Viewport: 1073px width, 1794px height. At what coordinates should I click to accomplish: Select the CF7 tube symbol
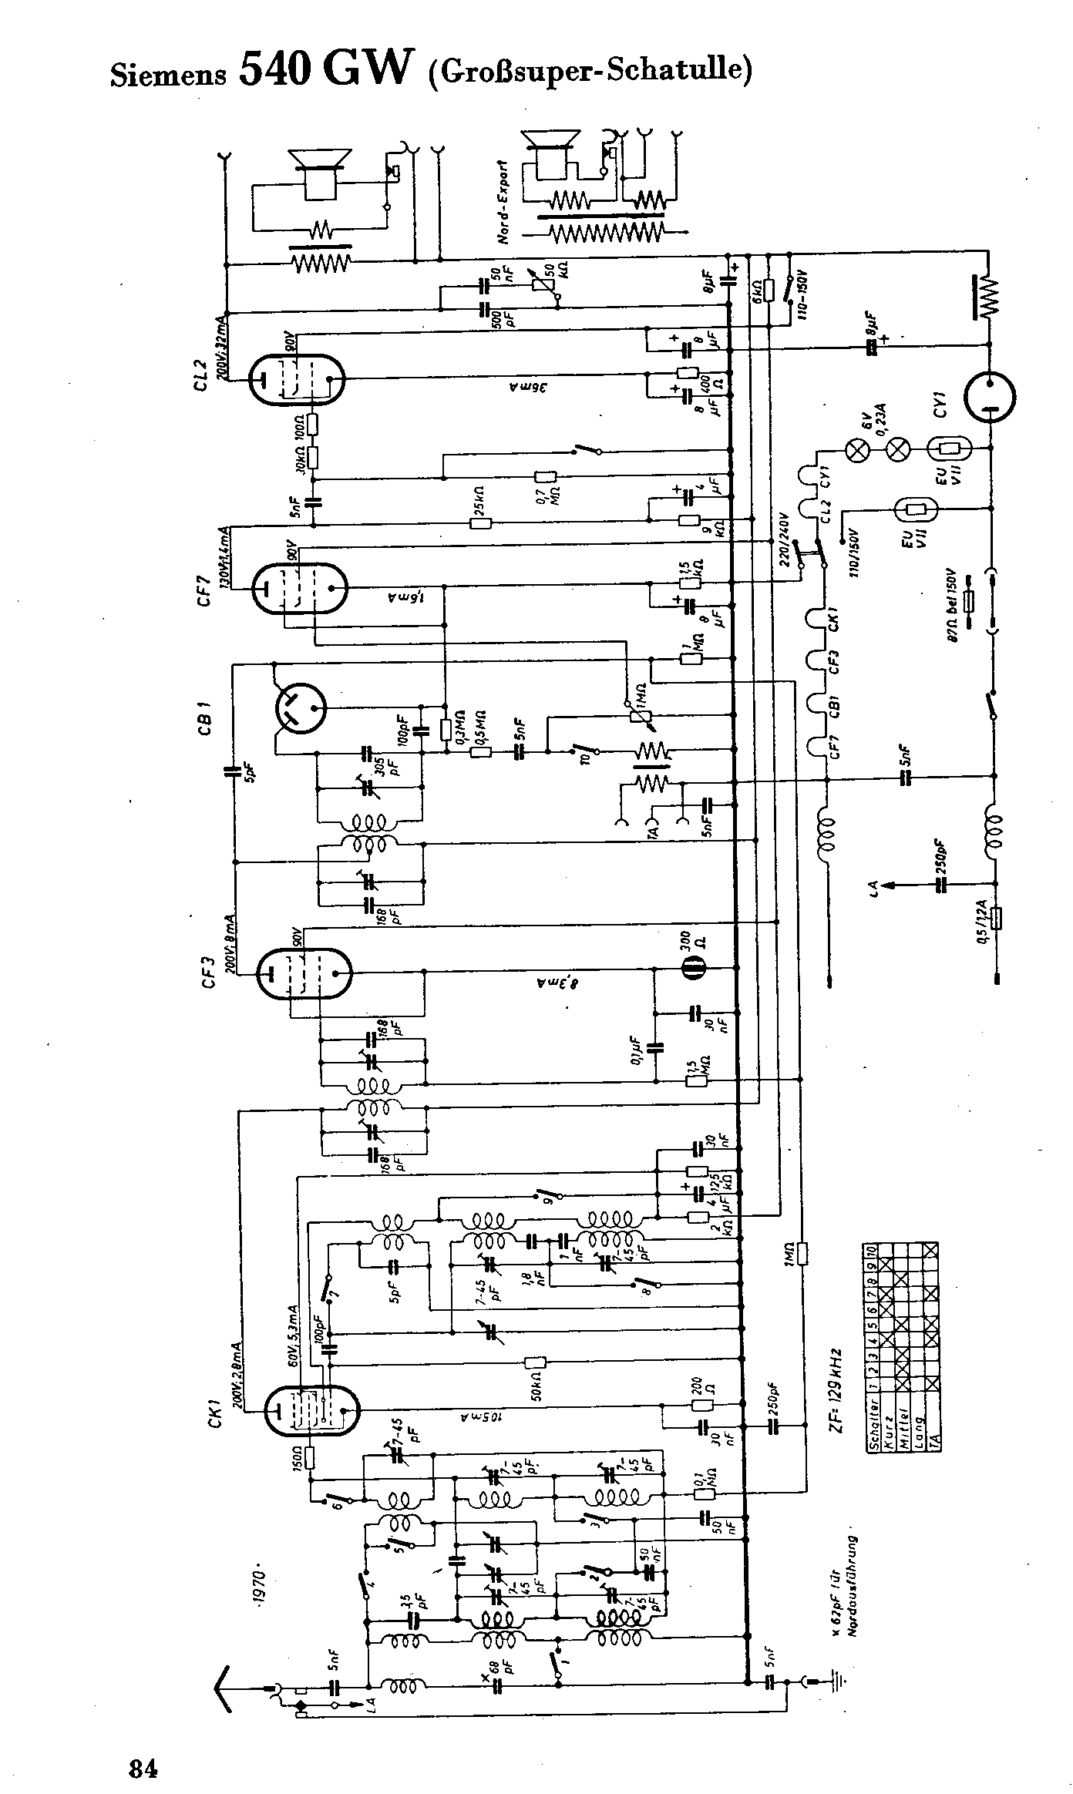(x=300, y=588)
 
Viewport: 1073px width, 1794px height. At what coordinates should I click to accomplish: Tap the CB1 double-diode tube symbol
(x=301, y=707)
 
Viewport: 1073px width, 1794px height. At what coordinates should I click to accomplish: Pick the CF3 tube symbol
(x=303, y=973)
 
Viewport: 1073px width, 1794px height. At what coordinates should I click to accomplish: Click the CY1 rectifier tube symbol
(x=990, y=398)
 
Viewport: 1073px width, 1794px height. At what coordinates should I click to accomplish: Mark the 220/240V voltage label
(x=785, y=539)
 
